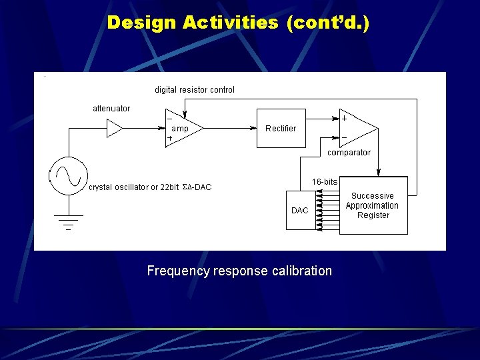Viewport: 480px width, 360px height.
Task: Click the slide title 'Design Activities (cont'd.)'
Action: (238, 23)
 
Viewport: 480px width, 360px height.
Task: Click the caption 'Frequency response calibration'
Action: (239, 271)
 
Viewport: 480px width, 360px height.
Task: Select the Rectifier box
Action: (281, 128)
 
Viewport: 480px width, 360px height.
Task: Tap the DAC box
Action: (299, 211)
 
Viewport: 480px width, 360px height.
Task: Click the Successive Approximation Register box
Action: (373, 205)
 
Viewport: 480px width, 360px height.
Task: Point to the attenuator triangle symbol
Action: (115, 128)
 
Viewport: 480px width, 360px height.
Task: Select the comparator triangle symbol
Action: (357, 128)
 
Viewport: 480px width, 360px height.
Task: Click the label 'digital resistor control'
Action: (195, 89)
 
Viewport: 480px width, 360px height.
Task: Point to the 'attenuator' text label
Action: (111, 108)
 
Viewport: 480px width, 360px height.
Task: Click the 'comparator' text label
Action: (349, 153)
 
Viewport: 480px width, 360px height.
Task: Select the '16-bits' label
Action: (325, 182)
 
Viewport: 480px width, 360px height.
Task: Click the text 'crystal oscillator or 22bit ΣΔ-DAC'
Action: (150, 187)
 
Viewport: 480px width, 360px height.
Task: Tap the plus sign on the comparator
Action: (344, 118)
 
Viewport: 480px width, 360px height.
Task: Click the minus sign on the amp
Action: (169, 119)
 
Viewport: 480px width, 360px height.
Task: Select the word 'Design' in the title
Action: (141, 23)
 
